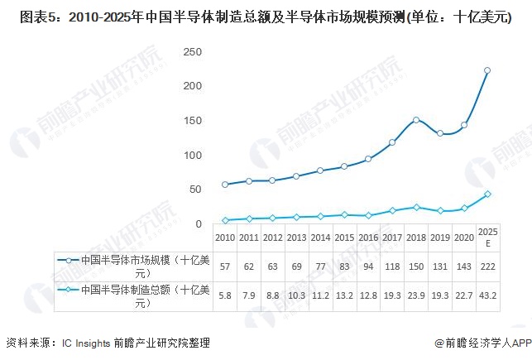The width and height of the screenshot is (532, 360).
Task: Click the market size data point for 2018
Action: point(416,120)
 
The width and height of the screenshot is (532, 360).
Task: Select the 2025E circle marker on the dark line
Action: point(487,70)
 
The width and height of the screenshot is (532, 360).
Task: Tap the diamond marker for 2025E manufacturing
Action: point(487,194)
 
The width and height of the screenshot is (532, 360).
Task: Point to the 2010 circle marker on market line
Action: point(225,185)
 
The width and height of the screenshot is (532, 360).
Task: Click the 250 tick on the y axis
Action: point(193,52)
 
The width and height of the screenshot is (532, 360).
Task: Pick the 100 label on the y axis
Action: point(193,156)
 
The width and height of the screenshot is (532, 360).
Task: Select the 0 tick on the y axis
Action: point(199,224)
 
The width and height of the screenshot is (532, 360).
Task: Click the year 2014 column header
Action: point(321,238)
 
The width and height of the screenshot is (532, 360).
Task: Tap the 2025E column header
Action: point(488,238)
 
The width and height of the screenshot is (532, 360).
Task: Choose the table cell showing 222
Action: point(488,266)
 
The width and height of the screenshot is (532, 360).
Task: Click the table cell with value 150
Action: point(416,266)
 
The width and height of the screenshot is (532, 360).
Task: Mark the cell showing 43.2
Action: point(488,296)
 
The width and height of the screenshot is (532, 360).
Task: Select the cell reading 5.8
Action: point(225,296)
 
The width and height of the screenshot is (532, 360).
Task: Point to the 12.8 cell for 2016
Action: point(368,296)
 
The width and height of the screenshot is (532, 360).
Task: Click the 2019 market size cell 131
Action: point(440,266)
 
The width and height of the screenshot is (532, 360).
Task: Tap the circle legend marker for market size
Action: point(69,261)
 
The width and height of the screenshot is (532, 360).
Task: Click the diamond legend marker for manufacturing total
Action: point(69,290)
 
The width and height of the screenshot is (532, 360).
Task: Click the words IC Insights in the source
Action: point(86,343)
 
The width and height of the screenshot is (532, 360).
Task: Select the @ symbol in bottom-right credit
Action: point(439,343)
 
